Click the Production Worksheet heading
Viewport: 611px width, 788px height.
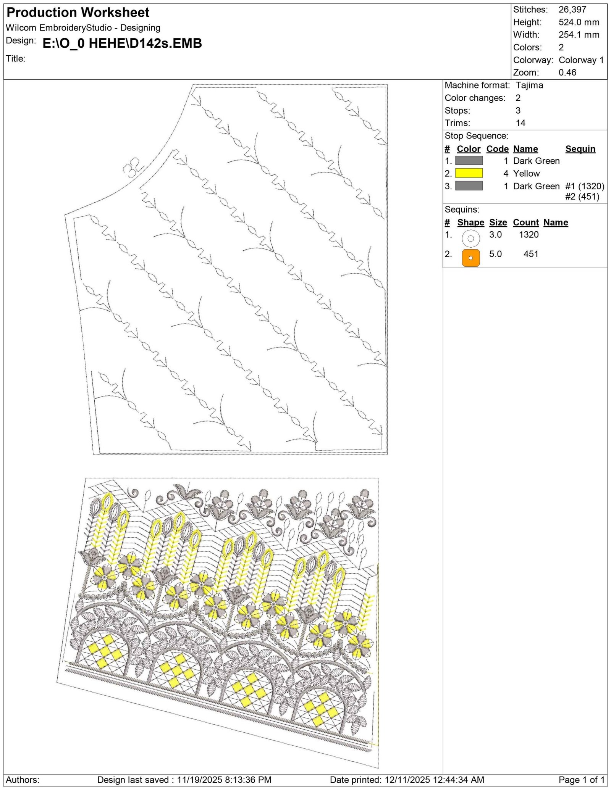(78, 13)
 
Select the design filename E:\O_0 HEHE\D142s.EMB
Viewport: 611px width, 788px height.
(122, 44)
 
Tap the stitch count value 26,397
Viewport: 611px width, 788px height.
(572, 10)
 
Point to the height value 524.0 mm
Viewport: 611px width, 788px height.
(579, 22)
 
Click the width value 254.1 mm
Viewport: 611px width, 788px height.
(579, 35)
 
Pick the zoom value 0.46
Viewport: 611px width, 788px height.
(567, 73)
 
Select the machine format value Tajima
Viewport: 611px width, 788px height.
(529, 85)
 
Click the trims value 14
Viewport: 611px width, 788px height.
(520, 123)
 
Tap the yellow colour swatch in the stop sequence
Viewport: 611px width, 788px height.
(469, 173)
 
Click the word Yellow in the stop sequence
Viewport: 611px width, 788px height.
(526, 174)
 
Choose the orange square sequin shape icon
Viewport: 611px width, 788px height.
(470, 258)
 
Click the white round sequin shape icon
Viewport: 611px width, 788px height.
(470, 238)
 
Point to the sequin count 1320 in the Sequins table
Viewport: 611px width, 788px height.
(529, 235)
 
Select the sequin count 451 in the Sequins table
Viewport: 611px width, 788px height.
(531, 254)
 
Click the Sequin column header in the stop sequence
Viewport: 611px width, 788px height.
(580, 149)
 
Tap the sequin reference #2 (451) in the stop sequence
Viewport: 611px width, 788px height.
(582, 197)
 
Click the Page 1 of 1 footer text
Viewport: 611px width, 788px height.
(582, 780)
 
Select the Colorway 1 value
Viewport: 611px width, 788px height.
(581, 60)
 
